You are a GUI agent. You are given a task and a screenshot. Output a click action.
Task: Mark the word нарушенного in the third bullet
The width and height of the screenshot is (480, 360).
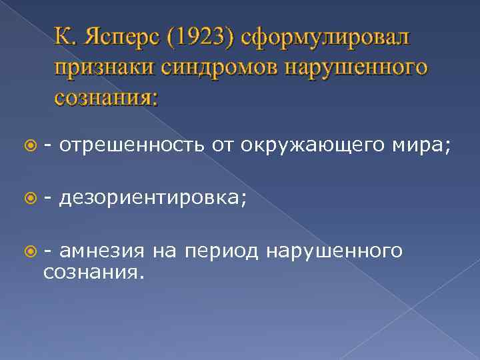click(x=333, y=251)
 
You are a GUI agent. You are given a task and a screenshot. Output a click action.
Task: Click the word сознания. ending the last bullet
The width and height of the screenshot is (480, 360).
click(x=93, y=272)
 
